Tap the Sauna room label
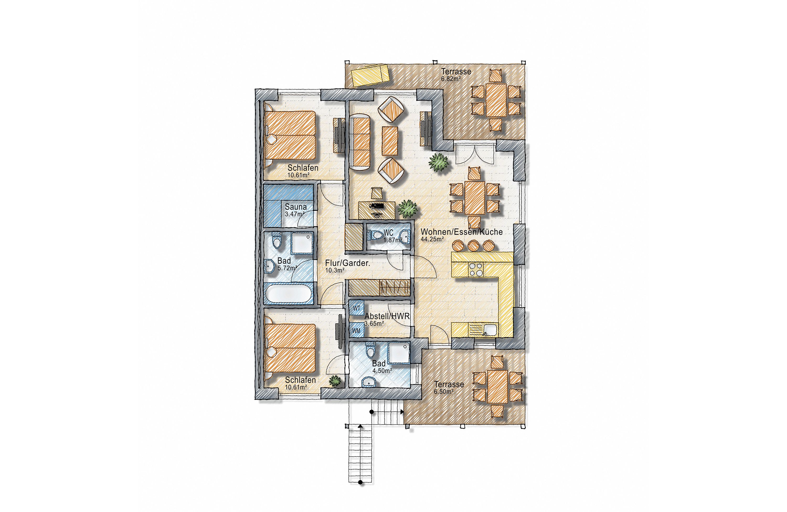tap(296, 207)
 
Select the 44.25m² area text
tap(432, 239)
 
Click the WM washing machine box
tap(357, 330)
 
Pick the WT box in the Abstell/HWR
tap(357, 309)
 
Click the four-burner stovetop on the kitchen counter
tap(476, 269)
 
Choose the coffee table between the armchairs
tap(390, 141)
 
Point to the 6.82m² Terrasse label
tap(456, 71)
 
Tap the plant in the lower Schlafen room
tap(335, 381)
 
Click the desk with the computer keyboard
tap(377, 210)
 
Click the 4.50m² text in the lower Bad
tap(382, 371)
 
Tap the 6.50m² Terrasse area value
tap(443, 391)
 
